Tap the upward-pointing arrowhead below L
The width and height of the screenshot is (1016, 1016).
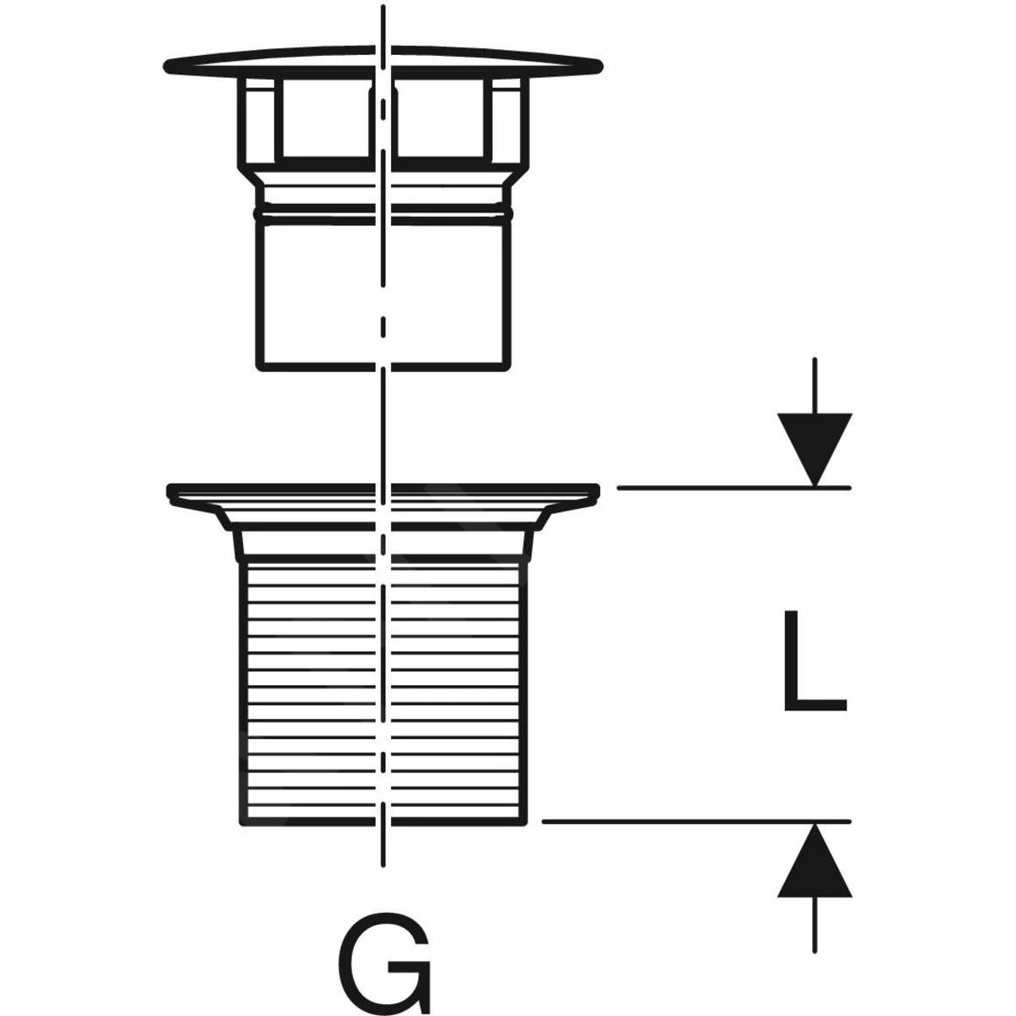point(814,860)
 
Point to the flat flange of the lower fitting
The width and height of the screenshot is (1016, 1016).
point(384,491)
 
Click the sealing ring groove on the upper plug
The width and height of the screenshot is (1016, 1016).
point(384,209)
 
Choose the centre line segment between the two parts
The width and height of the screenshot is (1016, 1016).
point(384,428)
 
